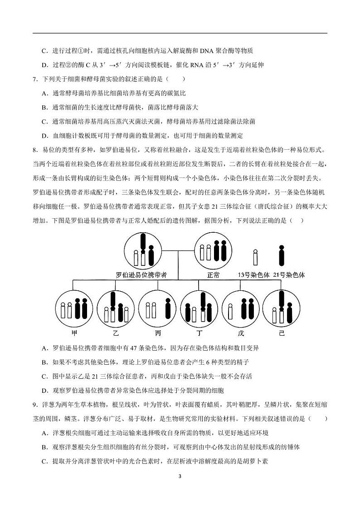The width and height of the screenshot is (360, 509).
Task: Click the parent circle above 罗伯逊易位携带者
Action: pos(143,251)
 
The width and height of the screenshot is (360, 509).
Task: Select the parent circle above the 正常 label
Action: pos(213,251)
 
